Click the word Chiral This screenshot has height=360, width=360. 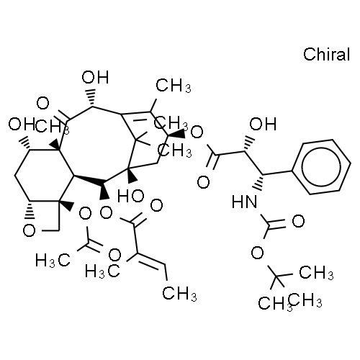326,55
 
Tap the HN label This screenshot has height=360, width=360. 244,202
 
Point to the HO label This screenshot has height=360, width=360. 131,196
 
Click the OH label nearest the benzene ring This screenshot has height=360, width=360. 263,124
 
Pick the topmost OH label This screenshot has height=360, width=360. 95,77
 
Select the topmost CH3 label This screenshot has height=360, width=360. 174,86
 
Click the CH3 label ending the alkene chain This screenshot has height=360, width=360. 179,293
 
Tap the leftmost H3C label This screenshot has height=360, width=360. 53,261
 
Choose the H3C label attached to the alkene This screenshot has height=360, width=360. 102,271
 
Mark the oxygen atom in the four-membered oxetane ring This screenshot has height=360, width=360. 30,230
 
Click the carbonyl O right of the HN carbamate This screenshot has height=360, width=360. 298,221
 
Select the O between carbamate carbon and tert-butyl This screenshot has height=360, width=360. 257,253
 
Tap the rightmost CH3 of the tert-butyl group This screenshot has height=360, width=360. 316,273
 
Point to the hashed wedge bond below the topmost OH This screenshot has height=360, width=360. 91,98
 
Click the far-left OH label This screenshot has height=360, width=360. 18,125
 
